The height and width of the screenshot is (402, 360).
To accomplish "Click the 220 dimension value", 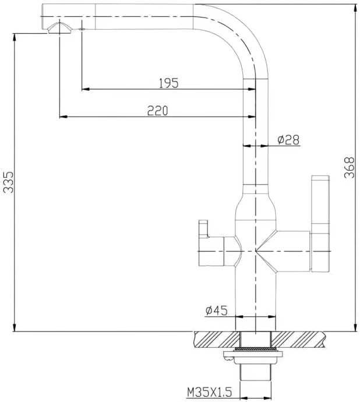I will click(x=157, y=110).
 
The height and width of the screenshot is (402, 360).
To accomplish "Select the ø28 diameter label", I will click(x=288, y=139).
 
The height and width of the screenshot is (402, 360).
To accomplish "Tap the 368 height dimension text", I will click(x=349, y=168).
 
